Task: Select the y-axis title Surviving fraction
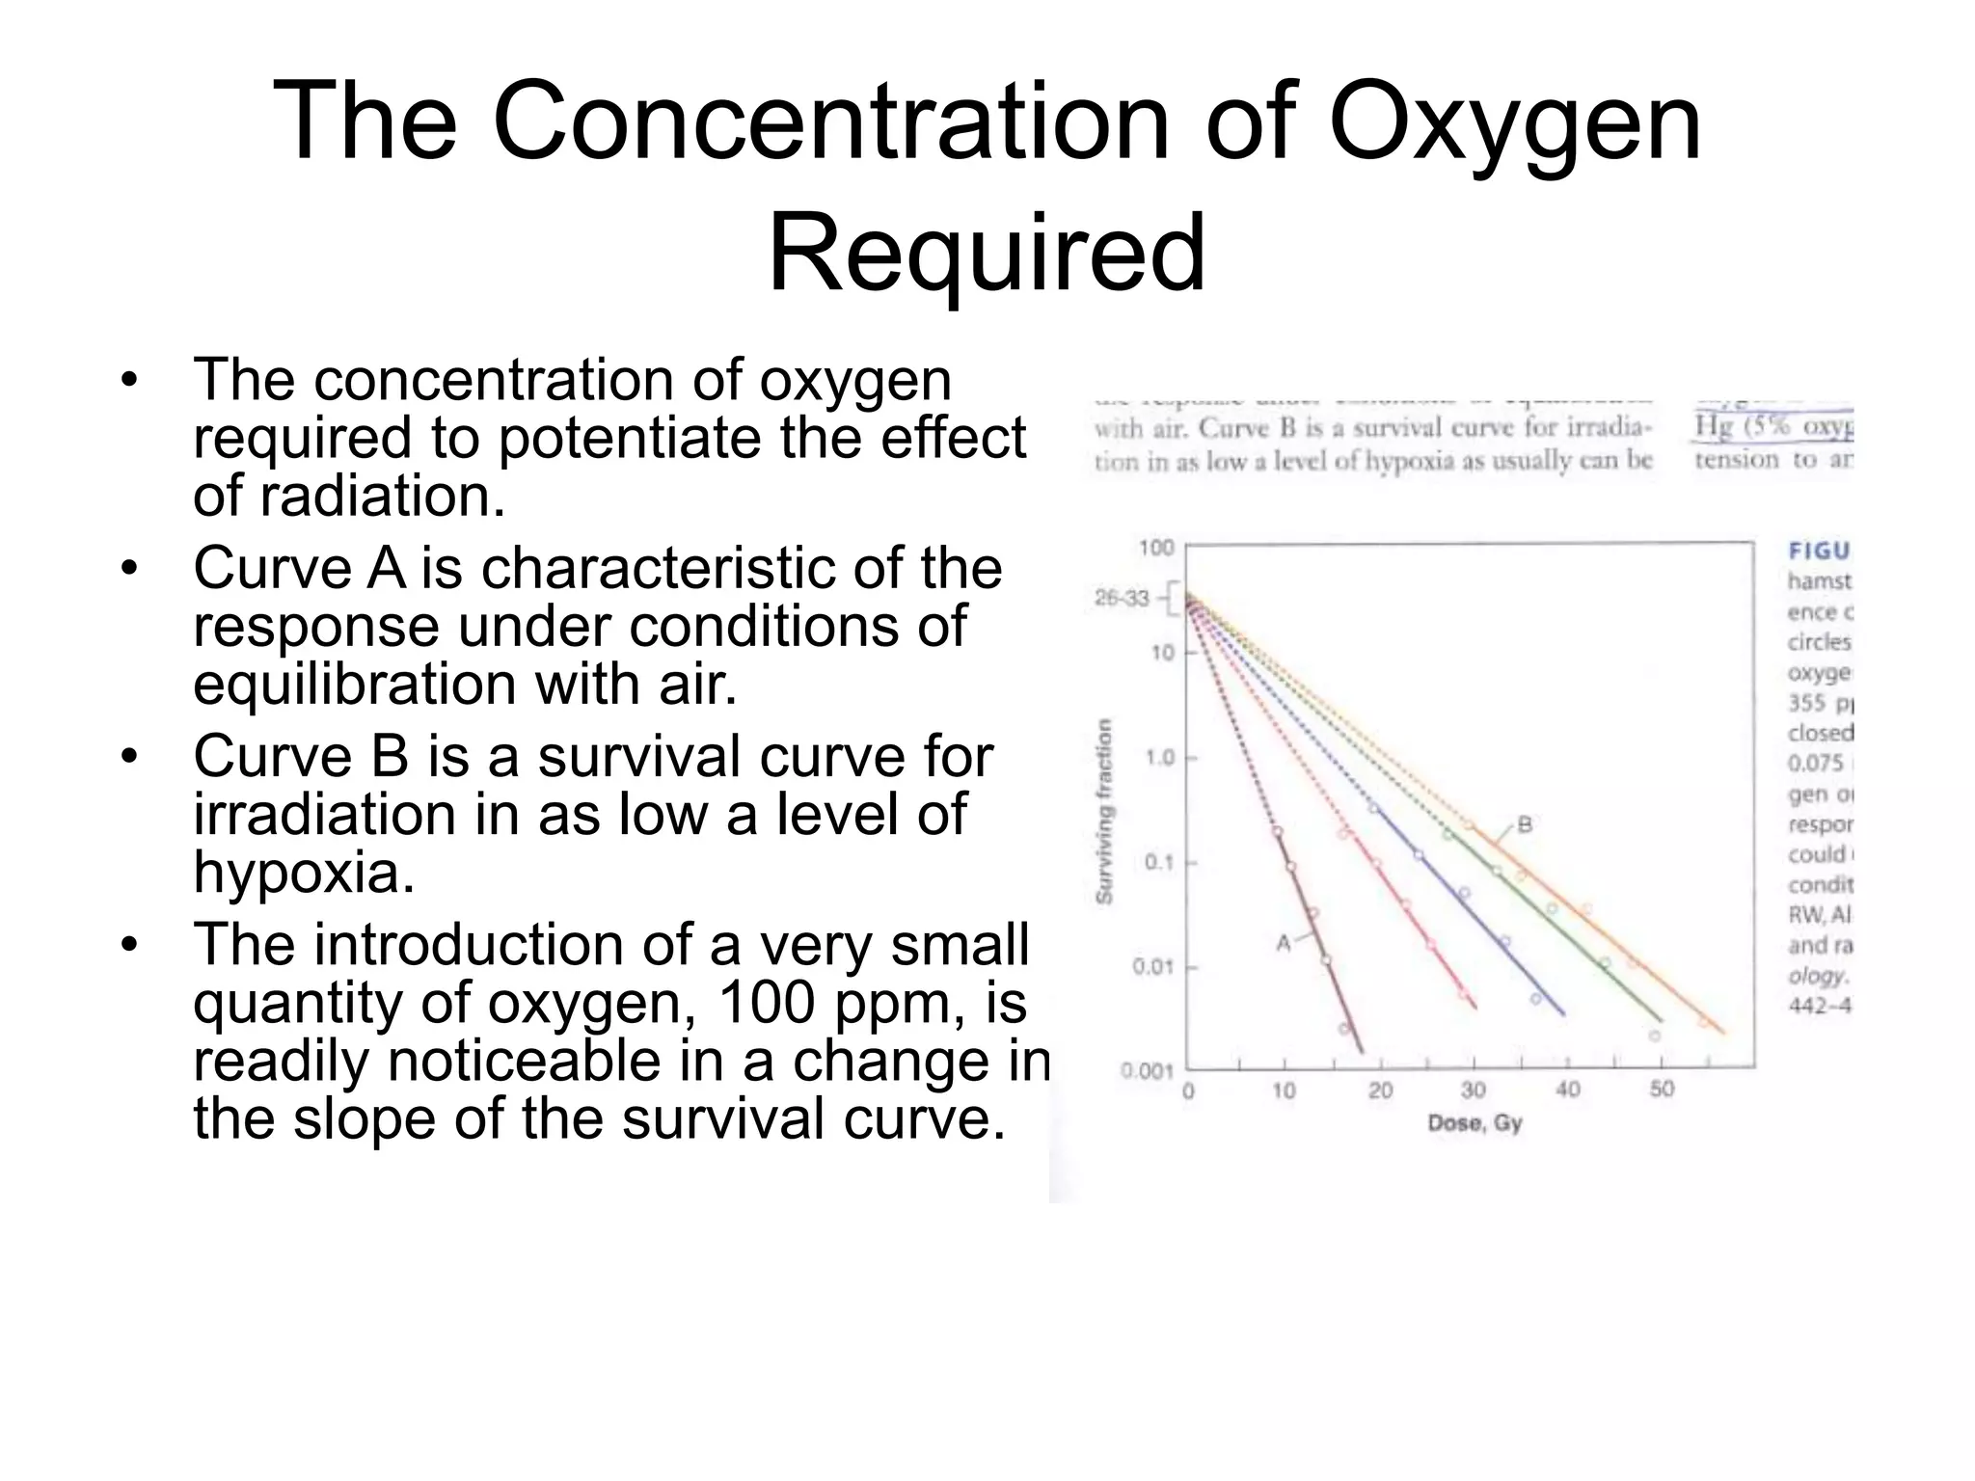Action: click(1105, 811)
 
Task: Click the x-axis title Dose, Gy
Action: click(1474, 1123)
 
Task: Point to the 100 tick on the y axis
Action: click(1156, 548)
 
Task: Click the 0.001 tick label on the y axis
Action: click(1147, 1071)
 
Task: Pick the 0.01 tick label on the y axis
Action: click(1152, 966)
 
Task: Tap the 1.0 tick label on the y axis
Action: click(1160, 758)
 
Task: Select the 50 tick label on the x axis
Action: click(1662, 1090)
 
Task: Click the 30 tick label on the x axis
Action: click(1473, 1090)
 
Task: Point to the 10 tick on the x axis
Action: click(1284, 1091)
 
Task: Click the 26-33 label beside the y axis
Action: click(1122, 599)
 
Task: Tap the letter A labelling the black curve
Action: click(1284, 943)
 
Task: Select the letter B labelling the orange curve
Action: click(1525, 824)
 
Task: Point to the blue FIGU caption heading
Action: click(1819, 551)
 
